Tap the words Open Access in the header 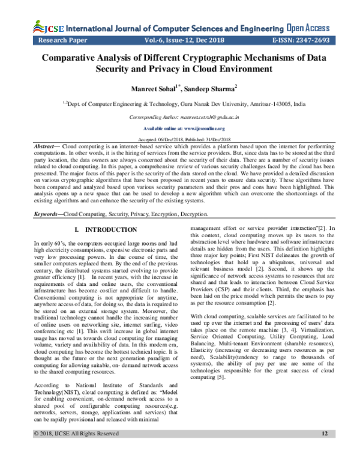click(307, 27)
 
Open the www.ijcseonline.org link click(179, 129)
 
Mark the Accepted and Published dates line click(179, 139)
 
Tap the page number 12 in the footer click(325, 450)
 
